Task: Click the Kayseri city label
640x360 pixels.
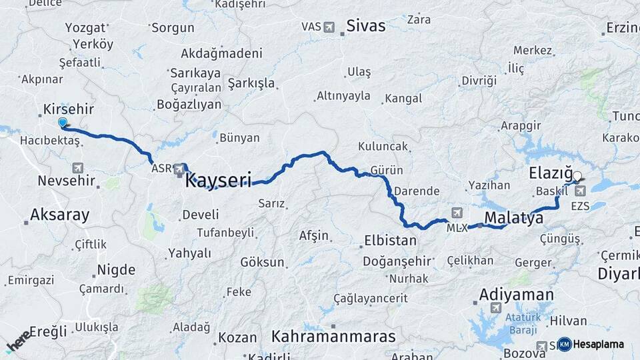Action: tap(218, 179)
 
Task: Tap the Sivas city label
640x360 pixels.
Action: tap(365, 26)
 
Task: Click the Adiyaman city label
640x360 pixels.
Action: tap(516, 295)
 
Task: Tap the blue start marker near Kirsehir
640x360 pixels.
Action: tap(63, 123)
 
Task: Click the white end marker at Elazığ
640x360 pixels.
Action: tap(577, 177)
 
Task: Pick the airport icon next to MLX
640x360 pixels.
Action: tap(457, 213)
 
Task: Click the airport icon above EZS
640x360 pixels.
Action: tap(580, 191)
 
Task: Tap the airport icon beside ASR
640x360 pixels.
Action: tap(179, 170)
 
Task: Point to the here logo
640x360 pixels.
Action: tap(19, 341)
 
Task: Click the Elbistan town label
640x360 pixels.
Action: tap(390, 241)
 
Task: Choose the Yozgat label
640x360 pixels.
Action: tap(85, 28)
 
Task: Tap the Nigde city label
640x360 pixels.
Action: tap(116, 270)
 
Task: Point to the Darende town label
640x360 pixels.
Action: tap(417, 191)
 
